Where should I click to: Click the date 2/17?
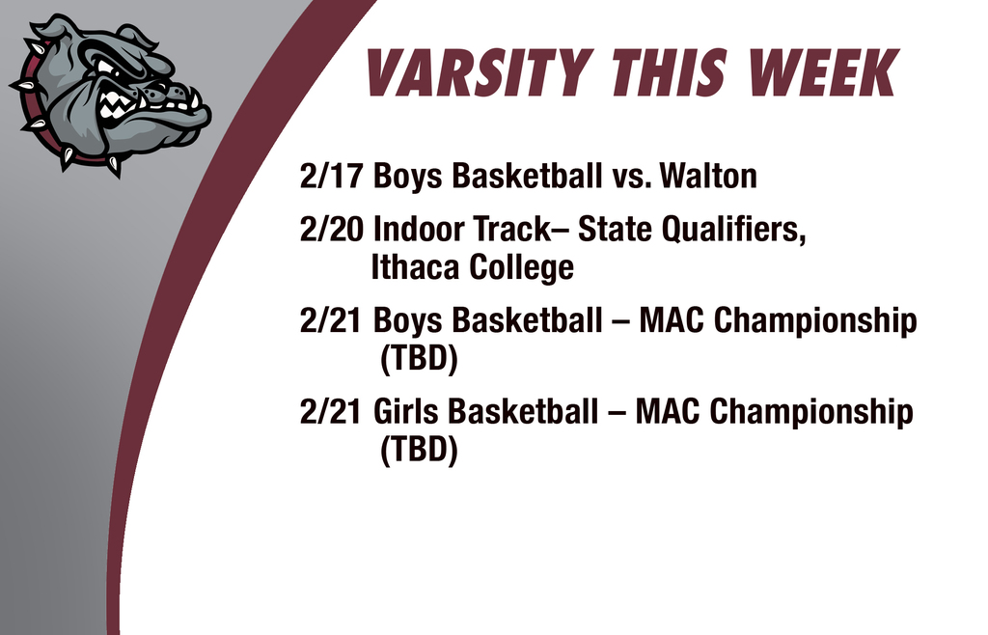331,177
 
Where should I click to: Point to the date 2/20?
331,232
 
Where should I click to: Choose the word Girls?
405,412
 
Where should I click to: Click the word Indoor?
418,232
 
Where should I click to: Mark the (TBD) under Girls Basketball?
418,450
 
